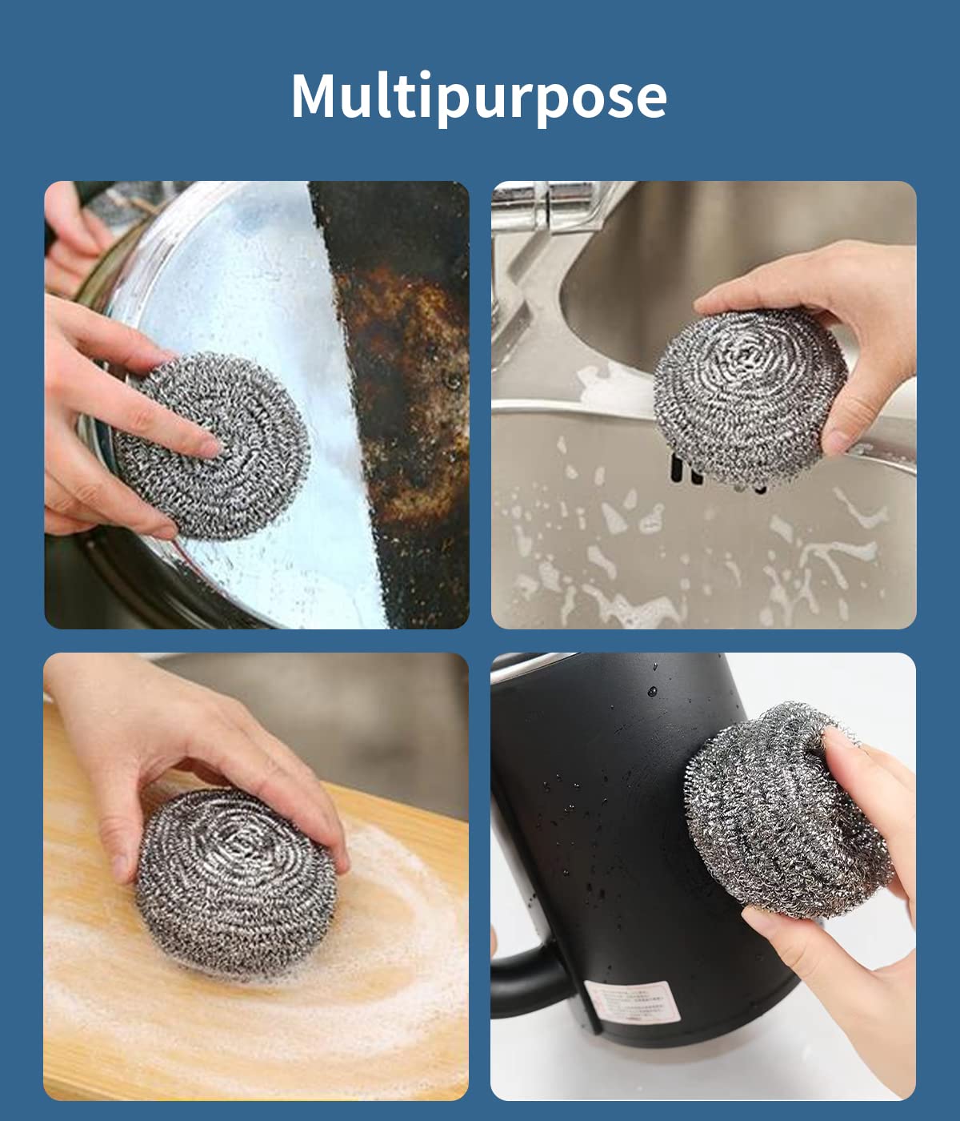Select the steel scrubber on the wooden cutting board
(x=236, y=881)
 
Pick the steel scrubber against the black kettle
(x=788, y=813)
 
